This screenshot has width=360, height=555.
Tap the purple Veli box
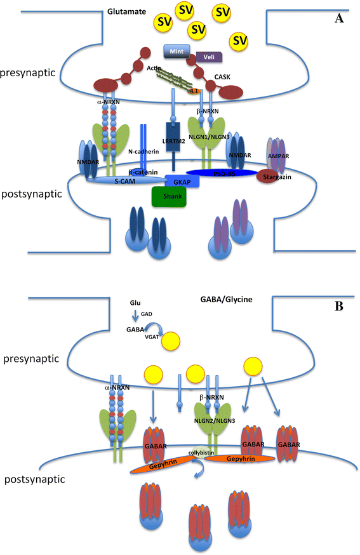click(208, 58)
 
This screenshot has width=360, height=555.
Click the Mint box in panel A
click(177, 50)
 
